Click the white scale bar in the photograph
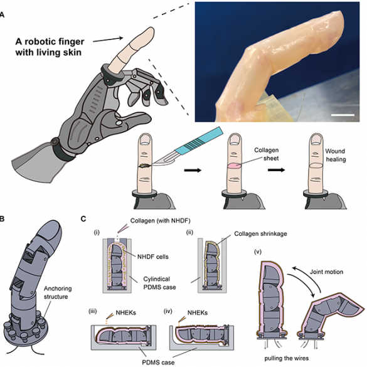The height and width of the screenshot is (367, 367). click(x=343, y=115)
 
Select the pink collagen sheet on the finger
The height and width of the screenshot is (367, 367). click(x=234, y=166)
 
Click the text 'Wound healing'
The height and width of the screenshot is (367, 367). click(x=336, y=155)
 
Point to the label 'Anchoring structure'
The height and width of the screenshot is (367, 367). click(x=58, y=292)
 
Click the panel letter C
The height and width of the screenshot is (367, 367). click(x=83, y=219)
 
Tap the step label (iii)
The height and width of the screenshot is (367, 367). click(x=92, y=312)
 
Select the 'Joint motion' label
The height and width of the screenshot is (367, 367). click(x=326, y=272)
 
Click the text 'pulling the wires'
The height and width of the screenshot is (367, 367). click(x=287, y=358)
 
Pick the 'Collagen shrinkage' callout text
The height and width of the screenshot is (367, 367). click(x=260, y=233)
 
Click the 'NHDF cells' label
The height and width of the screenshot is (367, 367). click(x=153, y=257)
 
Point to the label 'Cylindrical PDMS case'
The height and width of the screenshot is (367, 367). click(x=159, y=283)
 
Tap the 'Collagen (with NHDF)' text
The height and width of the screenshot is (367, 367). click(x=161, y=220)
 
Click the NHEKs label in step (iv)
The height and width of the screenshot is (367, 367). click(x=198, y=312)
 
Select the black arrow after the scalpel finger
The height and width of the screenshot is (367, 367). click(x=193, y=170)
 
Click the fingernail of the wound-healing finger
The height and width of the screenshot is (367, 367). click(x=317, y=139)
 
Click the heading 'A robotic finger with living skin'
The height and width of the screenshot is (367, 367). click(x=50, y=46)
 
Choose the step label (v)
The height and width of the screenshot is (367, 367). click(x=258, y=252)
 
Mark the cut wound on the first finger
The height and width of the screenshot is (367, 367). click(x=146, y=166)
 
